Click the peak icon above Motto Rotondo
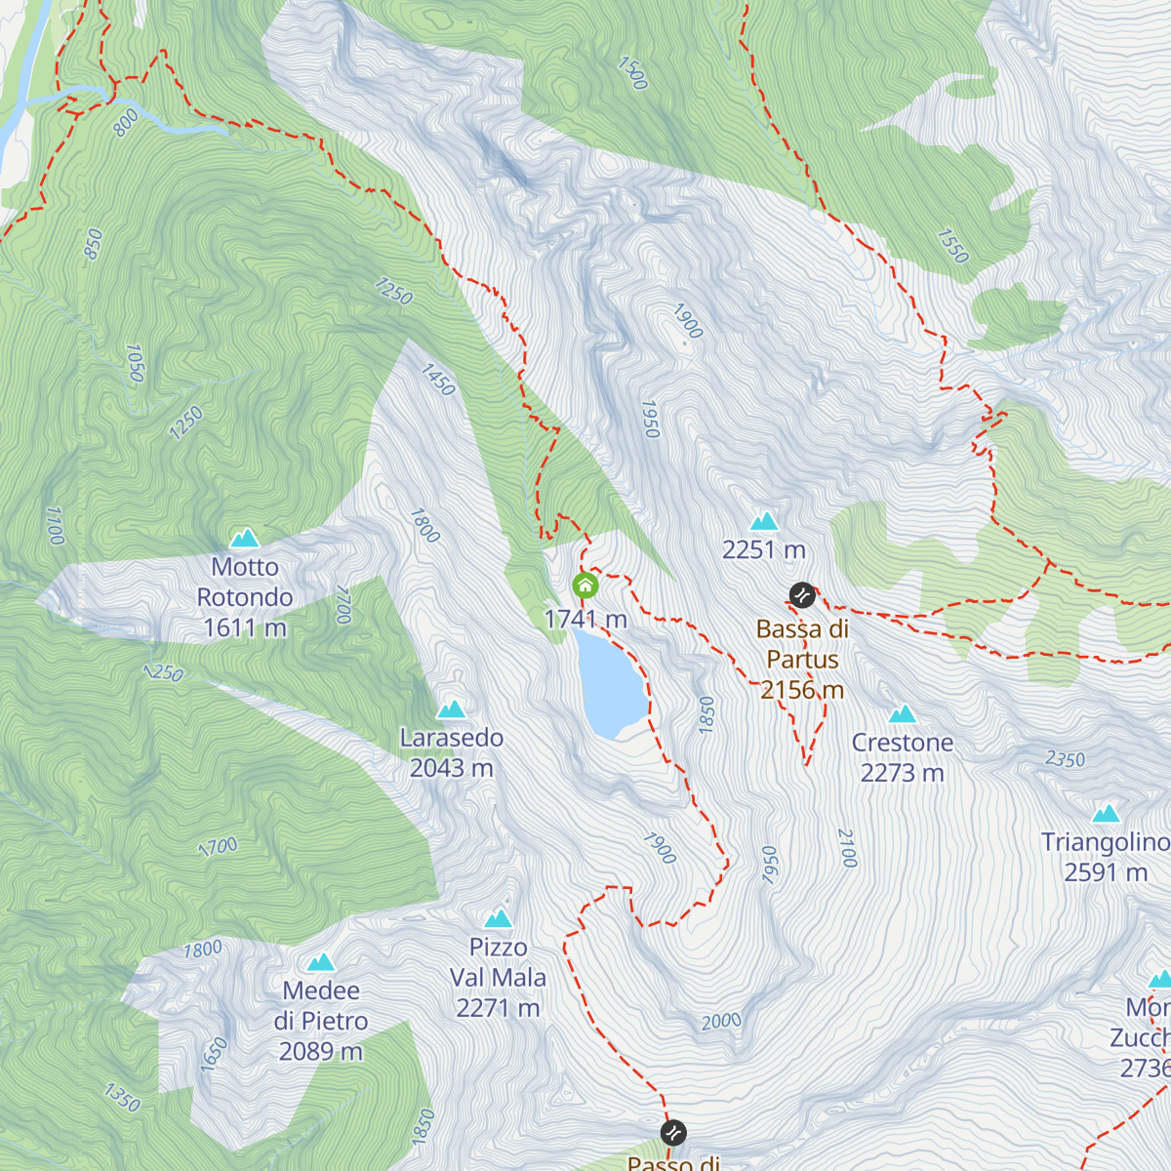coord(244,538)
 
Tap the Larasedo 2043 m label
coord(452,752)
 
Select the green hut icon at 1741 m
coord(585,585)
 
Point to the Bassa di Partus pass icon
coord(802,594)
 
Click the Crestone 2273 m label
coord(903,757)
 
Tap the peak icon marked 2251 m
coord(764,521)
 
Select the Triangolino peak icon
coord(1106,814)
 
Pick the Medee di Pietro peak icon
coord(321,963)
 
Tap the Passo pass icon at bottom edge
coord(673,1133)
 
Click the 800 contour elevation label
coord(126,123)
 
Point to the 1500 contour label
coord(632,73)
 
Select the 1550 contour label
coord(952,247)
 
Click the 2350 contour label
coord(1065,759)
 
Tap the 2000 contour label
coord(721,1022)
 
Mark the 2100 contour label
coord(847,848)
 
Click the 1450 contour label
coord(438,380)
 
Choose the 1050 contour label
coord(135,363)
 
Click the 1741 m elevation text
coord(585,619)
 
